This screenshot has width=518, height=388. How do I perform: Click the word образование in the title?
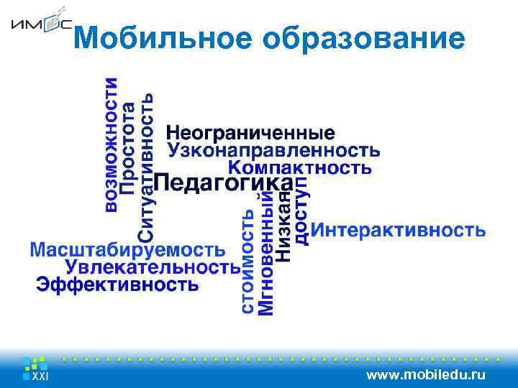[x=364, y=40]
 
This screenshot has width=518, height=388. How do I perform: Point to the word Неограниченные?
[x=250, y=133]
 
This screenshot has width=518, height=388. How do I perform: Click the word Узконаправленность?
[x=274, y=150]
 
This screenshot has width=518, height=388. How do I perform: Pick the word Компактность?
[x=300, y=167]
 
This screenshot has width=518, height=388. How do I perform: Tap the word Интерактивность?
[x=399, y=231]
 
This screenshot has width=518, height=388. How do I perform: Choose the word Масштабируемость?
[x=127, y=250]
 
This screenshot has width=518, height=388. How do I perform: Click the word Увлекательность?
[x=153, y=267]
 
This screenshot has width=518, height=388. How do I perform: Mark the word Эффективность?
[x=117, y=285]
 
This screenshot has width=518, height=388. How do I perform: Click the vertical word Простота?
[x=128, y=147]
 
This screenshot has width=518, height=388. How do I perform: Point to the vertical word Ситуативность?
[x=145, y=167]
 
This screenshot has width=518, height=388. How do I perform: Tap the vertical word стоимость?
[x=247, y=261]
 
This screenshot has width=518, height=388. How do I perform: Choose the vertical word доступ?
[x=301, y=211]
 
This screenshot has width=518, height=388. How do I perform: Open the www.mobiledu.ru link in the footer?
[x=426, y=374]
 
